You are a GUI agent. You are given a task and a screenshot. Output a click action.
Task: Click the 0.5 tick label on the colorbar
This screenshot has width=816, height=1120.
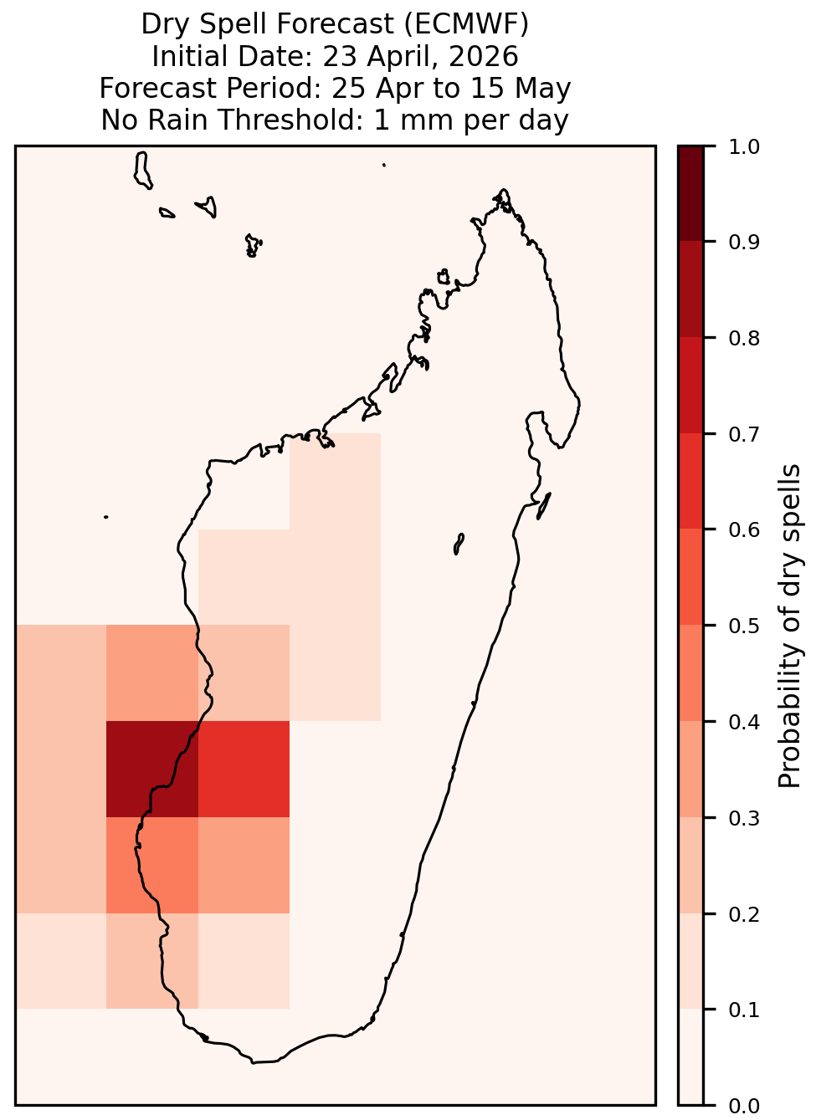pyautogui.click(x=744, y=626)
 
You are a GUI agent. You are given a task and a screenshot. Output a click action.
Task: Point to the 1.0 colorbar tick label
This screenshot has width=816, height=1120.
pyautogui.click(x=744, y=147)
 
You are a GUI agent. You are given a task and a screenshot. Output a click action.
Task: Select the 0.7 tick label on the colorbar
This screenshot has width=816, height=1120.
pyautogui.click(x=744, y=434)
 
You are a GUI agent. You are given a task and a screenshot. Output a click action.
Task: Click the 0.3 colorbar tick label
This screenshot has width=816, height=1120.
pyautogui.click(x=744, y=818)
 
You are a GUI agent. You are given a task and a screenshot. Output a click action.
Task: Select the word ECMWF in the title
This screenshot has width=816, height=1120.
pyautogui.click(x=465, y=24)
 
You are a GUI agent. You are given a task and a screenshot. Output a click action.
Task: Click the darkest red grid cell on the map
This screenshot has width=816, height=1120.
pyautogui.click(x=152, y=769)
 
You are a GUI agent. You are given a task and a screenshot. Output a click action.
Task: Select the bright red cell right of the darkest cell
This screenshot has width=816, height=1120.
pyautogui.click(x=244, y=769)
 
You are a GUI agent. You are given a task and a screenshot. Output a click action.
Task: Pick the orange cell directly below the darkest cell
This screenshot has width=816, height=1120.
pyautogui.click(x=152, y=865)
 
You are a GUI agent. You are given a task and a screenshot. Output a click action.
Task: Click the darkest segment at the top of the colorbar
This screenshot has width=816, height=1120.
pyautogui.click(x=691, y=193)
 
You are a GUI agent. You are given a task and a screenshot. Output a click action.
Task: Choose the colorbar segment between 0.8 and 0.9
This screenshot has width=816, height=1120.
pyautogui.click(x=691, y=289)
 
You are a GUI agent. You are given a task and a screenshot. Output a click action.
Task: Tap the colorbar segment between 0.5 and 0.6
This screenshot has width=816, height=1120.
pyautogui.click(x=691, y=577)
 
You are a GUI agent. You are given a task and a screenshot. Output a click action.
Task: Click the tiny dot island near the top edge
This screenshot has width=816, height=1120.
pyautogui.click(x=384, y=165)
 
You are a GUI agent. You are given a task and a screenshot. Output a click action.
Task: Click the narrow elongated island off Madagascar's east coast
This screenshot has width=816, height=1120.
pyautogui.click(x=544, y=505)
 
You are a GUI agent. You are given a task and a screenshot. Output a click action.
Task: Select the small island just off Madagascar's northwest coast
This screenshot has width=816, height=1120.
pyautogui.click(x=444, y=277)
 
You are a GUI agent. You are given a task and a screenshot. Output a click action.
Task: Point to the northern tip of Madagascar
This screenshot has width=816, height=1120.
pyautogui.click(x=503, y=190)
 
